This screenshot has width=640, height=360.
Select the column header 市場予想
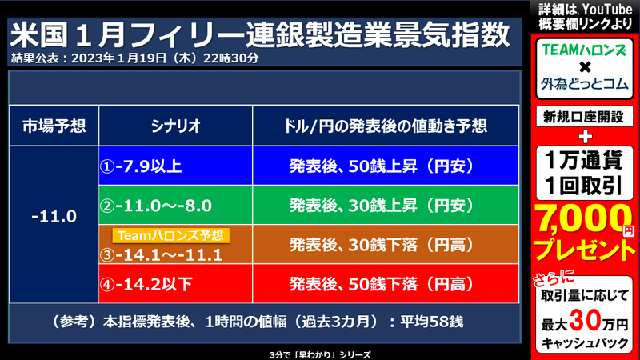[54, 126]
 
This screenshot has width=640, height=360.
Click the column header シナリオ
[175, 126]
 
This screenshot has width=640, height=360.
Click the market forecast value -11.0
[54, 216]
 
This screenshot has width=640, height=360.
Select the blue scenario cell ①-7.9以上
[175, 166]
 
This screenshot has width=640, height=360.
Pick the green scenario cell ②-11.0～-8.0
[175, 206]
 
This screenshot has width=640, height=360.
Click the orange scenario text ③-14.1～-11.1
[168, 254]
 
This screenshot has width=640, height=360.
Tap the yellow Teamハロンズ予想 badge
[171, 235]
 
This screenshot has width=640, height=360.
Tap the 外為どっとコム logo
[584, 82]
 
